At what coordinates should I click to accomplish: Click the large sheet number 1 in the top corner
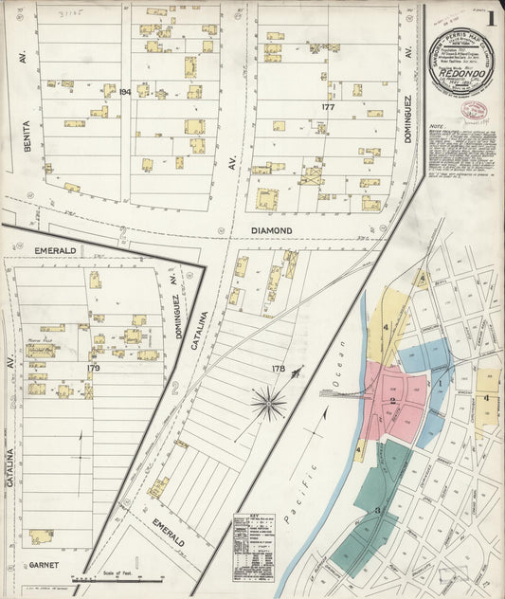[x=490, y=18]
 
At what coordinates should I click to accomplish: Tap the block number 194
[x=124, y=91]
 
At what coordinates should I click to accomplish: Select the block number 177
[x=329, y=107]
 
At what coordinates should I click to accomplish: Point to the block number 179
[x=93, y=367]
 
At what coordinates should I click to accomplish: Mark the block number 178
[x=279, y=367]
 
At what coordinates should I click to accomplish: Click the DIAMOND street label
[x=298, y=230]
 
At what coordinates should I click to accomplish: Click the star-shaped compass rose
[x=269, y=405]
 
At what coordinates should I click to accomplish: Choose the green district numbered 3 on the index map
[x=377, y=510]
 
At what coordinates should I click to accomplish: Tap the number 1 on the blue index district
[x=440, y=383]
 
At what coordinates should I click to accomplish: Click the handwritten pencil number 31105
[x=71, y=14]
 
